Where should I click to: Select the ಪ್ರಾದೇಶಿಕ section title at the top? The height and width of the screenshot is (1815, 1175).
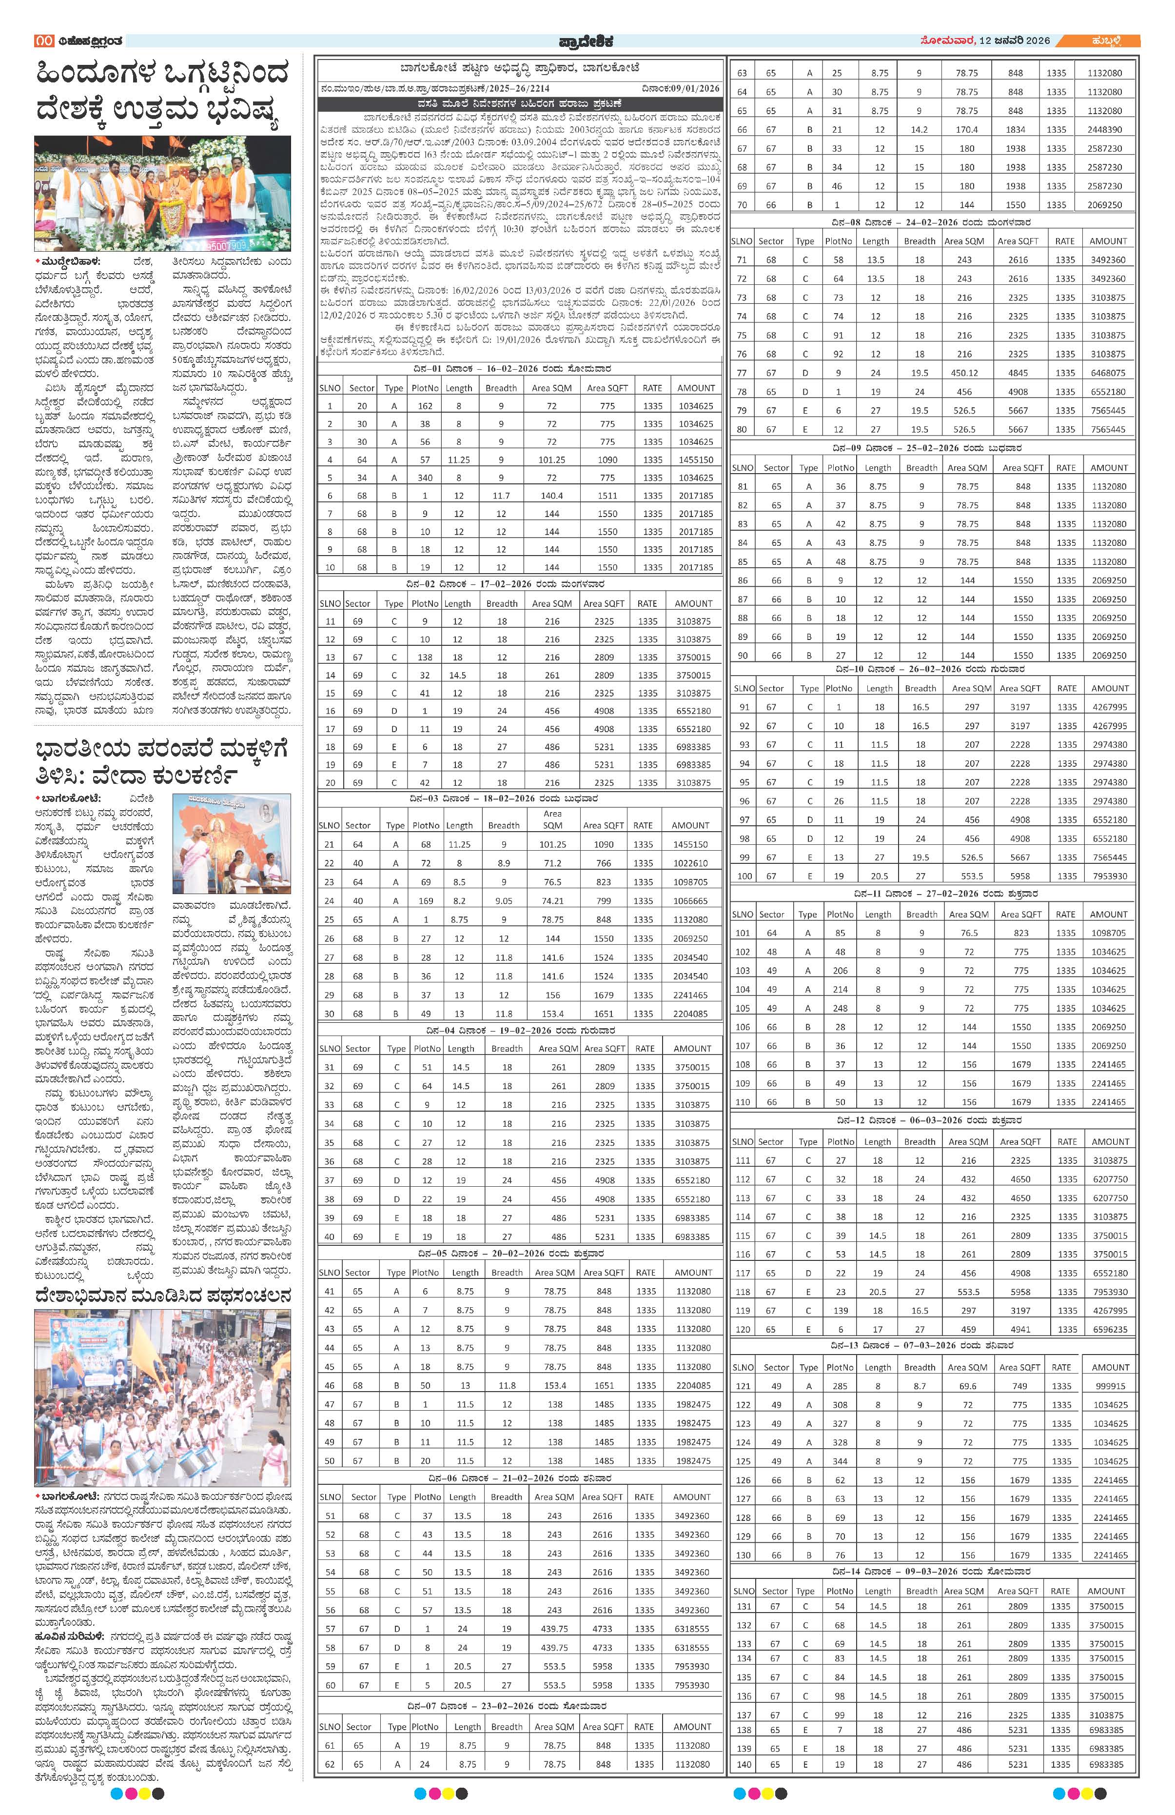click(x=585, y=41)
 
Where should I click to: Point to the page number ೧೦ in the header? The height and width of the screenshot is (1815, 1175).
click(x=43, y=40)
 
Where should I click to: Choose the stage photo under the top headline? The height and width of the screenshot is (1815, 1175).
click(x=162, y=194)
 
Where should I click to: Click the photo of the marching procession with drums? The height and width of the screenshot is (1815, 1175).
click(x=162, y=1398)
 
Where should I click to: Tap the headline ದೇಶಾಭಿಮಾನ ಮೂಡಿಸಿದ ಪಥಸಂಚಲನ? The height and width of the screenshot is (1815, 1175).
click(x=162, y=1296)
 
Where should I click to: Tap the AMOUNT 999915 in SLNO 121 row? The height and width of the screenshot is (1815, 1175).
click(x=1110, y=1386)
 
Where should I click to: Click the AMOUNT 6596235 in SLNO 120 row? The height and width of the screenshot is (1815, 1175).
click(x=1110, y=1329)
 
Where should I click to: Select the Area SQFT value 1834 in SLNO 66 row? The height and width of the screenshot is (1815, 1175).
click(x=1016, y=130)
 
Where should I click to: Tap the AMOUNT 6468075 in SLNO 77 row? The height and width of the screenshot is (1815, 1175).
click(x=1108, y=373)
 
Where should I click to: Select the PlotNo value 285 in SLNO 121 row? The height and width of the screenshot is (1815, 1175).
click(x=840, y=1386)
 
